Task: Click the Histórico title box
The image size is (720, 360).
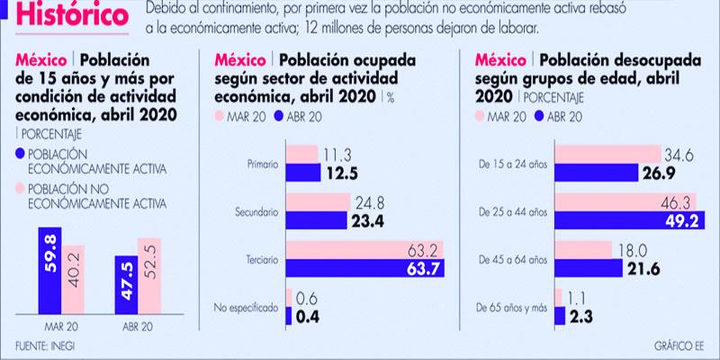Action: tap(72, 15)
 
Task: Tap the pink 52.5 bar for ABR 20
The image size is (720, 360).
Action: tap(148, 274)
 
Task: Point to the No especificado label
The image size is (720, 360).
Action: tap(245, 306)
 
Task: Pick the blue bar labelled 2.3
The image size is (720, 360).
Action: tap(560, 315)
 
